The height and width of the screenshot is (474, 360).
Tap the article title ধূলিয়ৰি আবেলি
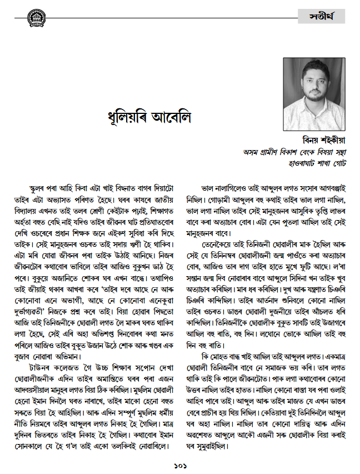(x=148, y=117)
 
